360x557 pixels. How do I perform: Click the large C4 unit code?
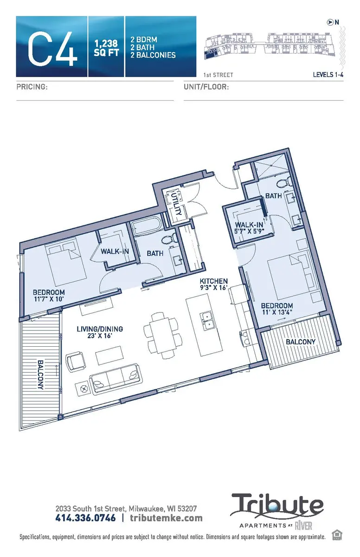[52, 47]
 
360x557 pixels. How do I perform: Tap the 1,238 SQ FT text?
[107, 48]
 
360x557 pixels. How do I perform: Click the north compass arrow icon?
[330, 22]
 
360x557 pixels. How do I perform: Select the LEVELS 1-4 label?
[328, 75]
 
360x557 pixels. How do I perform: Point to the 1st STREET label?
[218, 75]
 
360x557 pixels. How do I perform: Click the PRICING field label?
[32, 87]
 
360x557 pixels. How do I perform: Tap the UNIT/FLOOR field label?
[206, 87]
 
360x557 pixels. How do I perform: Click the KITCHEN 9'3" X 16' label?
[213, 285]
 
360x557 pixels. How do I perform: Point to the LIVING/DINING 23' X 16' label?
[100, 333]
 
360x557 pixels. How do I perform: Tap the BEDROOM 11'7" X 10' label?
[48, 296]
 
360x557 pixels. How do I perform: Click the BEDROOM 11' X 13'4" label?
[277, 309]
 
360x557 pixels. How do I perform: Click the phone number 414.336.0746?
[85, 518]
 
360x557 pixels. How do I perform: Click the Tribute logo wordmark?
[277, 505]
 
